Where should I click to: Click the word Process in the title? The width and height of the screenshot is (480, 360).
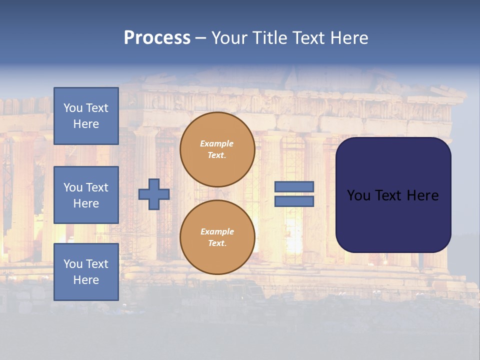pyautogui.click(x=157, y=38)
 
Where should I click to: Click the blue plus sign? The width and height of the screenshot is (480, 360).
pyautogui.click(x=154, y=194)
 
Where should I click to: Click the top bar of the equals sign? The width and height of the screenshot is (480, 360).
pyautogui.click(x=294, y=187)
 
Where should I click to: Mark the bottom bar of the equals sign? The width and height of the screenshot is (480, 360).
pyautogui.click(x=294, y=201)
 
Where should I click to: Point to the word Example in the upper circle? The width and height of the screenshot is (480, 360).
pyautogui.click(x=217, y=143)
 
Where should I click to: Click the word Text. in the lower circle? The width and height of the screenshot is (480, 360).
pyautogui.click(x=217, y=243)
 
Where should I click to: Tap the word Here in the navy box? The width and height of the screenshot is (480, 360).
pyautogui.click(x=422, y=195)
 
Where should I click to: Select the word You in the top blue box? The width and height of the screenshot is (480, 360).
pyautogui.click(x=73, y=108)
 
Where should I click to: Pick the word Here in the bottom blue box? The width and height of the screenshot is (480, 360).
pyautogui.click(x=86, y=280)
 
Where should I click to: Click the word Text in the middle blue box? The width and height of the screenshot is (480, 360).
pyautogui.click(x=96, y=187)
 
